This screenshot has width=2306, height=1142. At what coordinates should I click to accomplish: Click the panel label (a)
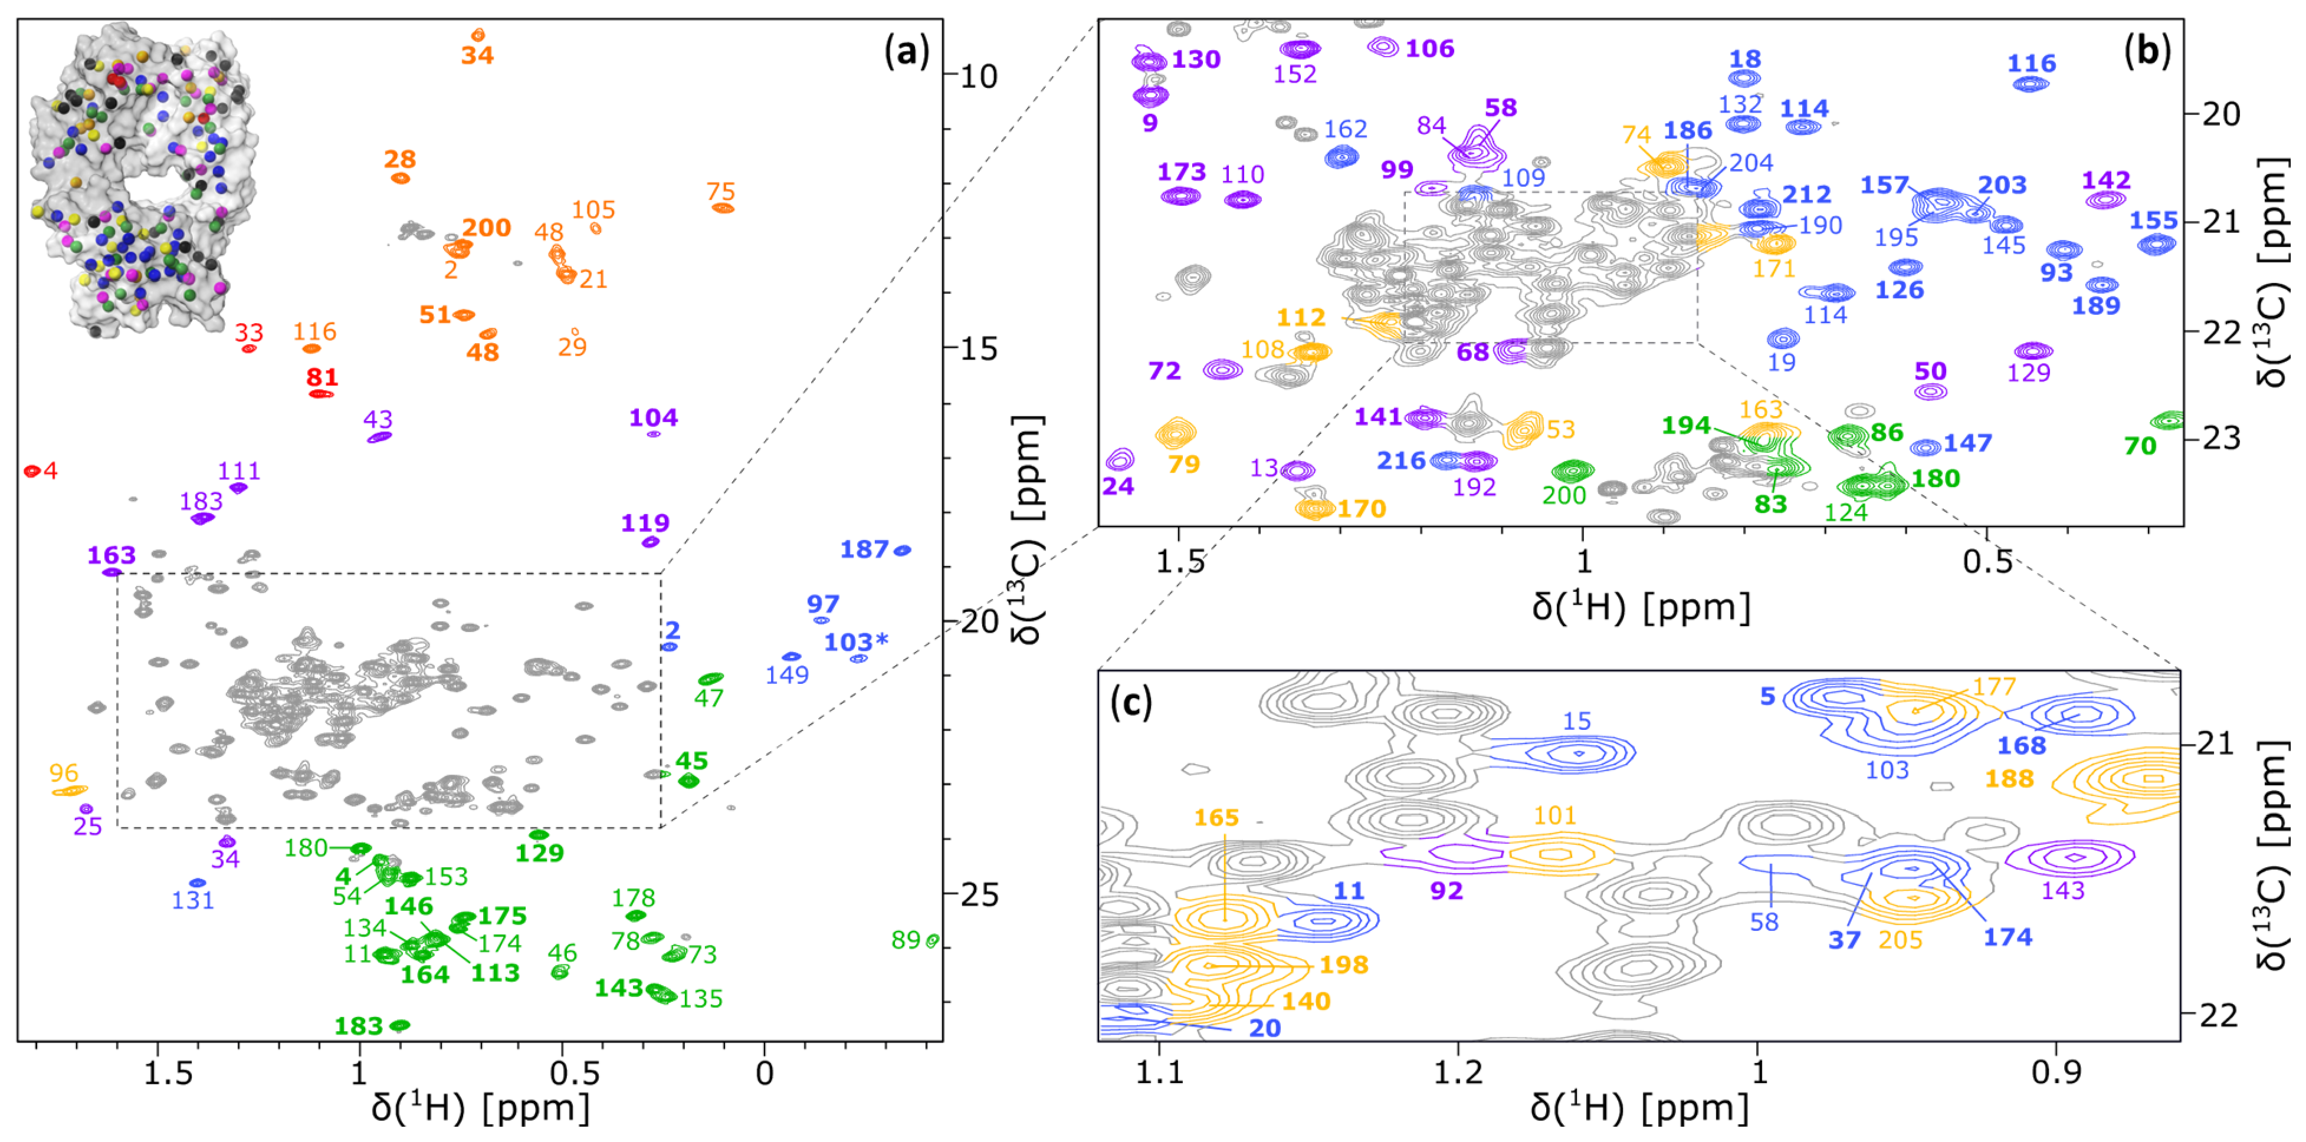point(907,52)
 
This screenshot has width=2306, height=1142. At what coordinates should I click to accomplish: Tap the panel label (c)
point(1131,703)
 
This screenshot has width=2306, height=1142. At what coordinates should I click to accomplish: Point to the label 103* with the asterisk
point(856,643)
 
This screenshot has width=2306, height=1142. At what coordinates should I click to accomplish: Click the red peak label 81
point(322,378)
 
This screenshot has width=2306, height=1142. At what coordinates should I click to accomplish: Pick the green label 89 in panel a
point(906,940)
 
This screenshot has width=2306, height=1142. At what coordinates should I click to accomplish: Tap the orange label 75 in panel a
point(721,192)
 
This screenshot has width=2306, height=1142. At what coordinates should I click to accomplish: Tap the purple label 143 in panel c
point(2064,890)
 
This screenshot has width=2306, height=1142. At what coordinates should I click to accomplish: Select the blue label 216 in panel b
point(1401,461)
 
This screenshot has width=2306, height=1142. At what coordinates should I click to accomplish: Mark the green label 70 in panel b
point(2140,446)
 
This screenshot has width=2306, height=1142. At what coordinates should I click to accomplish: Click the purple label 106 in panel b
point(1429,48)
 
